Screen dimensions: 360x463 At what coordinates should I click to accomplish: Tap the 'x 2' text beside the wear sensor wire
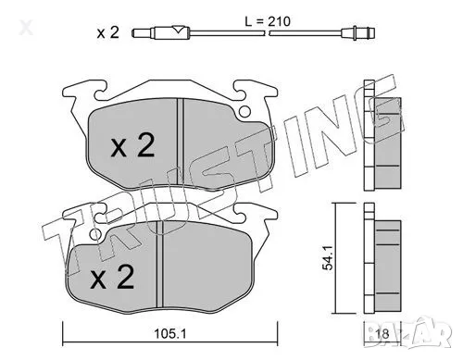click(x=109, y=34)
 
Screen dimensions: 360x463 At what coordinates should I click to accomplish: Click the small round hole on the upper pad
click(x=244, y=115)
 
